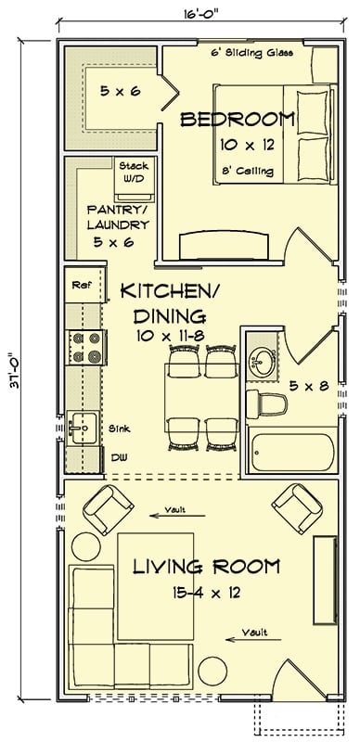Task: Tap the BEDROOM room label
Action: tap(237, 120)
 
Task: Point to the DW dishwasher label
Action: tap(118, 456)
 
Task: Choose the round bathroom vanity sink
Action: tap(264, 361)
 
